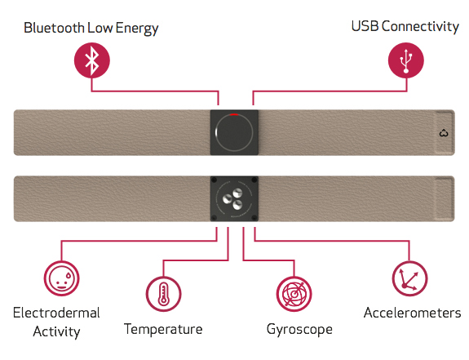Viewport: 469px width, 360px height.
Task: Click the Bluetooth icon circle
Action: [x=92, y=60]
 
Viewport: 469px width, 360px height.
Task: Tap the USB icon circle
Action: [x=406, y=60]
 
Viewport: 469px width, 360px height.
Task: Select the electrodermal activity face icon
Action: [x=62, y=278]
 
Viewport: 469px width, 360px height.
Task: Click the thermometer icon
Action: [x=163, y=294]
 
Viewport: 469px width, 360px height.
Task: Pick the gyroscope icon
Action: [x=294, y=294]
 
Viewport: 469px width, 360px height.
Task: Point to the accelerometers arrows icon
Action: [x=409, y=278]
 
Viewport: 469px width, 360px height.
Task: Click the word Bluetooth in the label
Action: [x=54, y=28]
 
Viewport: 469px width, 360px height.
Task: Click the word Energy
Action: [x=137, y=29]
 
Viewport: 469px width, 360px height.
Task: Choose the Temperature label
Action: [x=163, y=329]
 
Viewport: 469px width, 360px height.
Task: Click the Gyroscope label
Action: [x=299, y=330]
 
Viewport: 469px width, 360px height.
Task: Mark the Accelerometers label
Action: [x=413, y=313]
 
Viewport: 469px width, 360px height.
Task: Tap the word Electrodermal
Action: [x=56, y=313]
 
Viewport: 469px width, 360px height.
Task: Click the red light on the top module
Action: [x=234, y=114]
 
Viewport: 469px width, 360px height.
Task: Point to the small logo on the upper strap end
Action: [x=444, y=133]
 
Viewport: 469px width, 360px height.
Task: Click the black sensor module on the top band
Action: [x=234, y=132]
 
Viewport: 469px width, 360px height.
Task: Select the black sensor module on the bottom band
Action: [x=234, y=198]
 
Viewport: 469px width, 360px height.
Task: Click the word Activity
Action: [x=57, y=332]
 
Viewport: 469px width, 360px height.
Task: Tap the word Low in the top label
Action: [x=100, y=28]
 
